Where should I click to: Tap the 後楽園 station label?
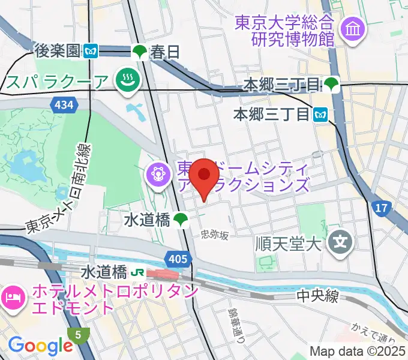coord(58,52)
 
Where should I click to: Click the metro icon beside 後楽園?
coord(91,52)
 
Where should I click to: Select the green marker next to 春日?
coord(139,52)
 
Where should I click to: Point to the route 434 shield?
coord(64,106)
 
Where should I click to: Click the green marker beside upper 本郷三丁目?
coord(332,85)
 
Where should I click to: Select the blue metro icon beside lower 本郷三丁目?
coord(321,112)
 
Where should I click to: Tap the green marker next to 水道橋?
coord(181,220)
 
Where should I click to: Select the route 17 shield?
coord(380,209)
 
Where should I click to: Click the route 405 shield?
coord(178,259)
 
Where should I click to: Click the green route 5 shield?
coord(78,334)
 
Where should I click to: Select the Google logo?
coord(40,346)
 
